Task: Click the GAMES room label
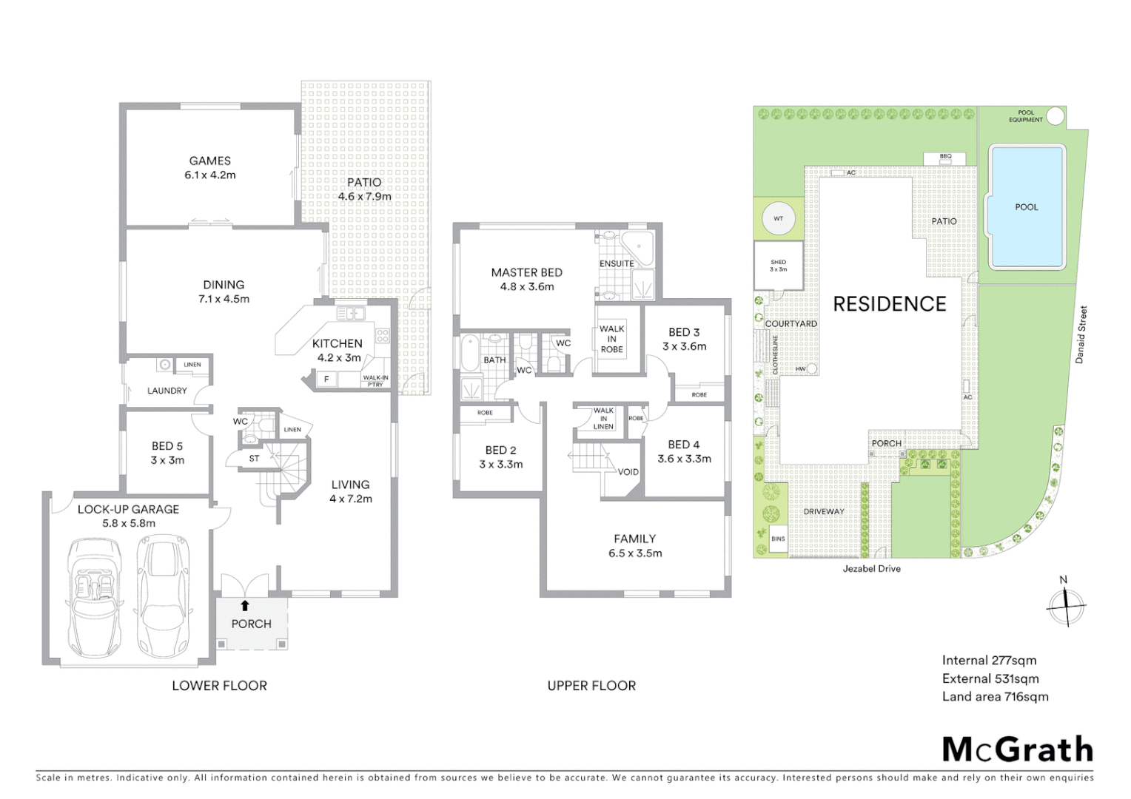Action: [209, 161]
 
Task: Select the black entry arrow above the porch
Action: [245, 605]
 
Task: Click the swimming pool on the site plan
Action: [1026, 206]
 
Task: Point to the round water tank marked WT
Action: [778, 219]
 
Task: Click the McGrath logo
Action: [1017, 749]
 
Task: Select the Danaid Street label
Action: [1081, 334]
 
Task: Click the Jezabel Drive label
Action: [871, 569]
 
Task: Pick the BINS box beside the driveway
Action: [778, 539]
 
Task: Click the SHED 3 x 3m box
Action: [778, 266]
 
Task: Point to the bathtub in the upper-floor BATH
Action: [471, 354]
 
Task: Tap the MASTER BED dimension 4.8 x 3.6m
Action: [526, 287]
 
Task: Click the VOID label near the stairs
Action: [628, 472]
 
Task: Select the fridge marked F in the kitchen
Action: [326, 380]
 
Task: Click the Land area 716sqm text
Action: [995, 697]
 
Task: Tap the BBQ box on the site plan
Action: [945, 158]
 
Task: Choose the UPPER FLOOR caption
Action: [591, 686]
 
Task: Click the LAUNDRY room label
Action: [167, 391]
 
